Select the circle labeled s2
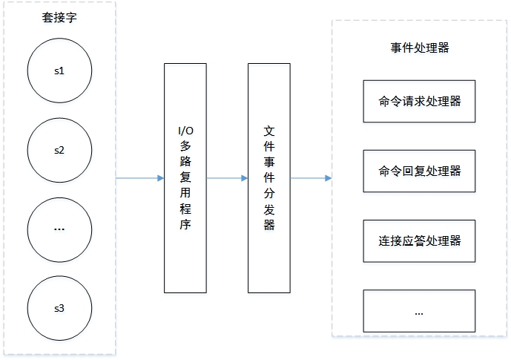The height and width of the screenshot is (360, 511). click(59, 149)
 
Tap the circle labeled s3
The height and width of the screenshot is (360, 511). click(59, 307)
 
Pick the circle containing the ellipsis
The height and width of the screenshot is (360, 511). click(59, 229)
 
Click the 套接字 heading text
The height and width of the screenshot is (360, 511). click(59, 18)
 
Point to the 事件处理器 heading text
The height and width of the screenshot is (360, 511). click(419, 48)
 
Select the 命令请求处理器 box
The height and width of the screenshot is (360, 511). click(419, 100)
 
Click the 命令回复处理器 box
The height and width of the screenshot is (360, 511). click(419, 171)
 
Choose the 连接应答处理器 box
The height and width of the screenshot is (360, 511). click(419, 241)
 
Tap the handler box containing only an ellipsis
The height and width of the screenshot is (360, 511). click(419, 312)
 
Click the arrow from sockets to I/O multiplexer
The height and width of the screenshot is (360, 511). click(139, 178)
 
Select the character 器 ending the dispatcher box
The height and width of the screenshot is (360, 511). click(268, 225)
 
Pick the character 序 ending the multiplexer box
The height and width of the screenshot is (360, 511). click(185, 225)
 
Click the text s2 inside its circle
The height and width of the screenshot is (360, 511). click(59, 149)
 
